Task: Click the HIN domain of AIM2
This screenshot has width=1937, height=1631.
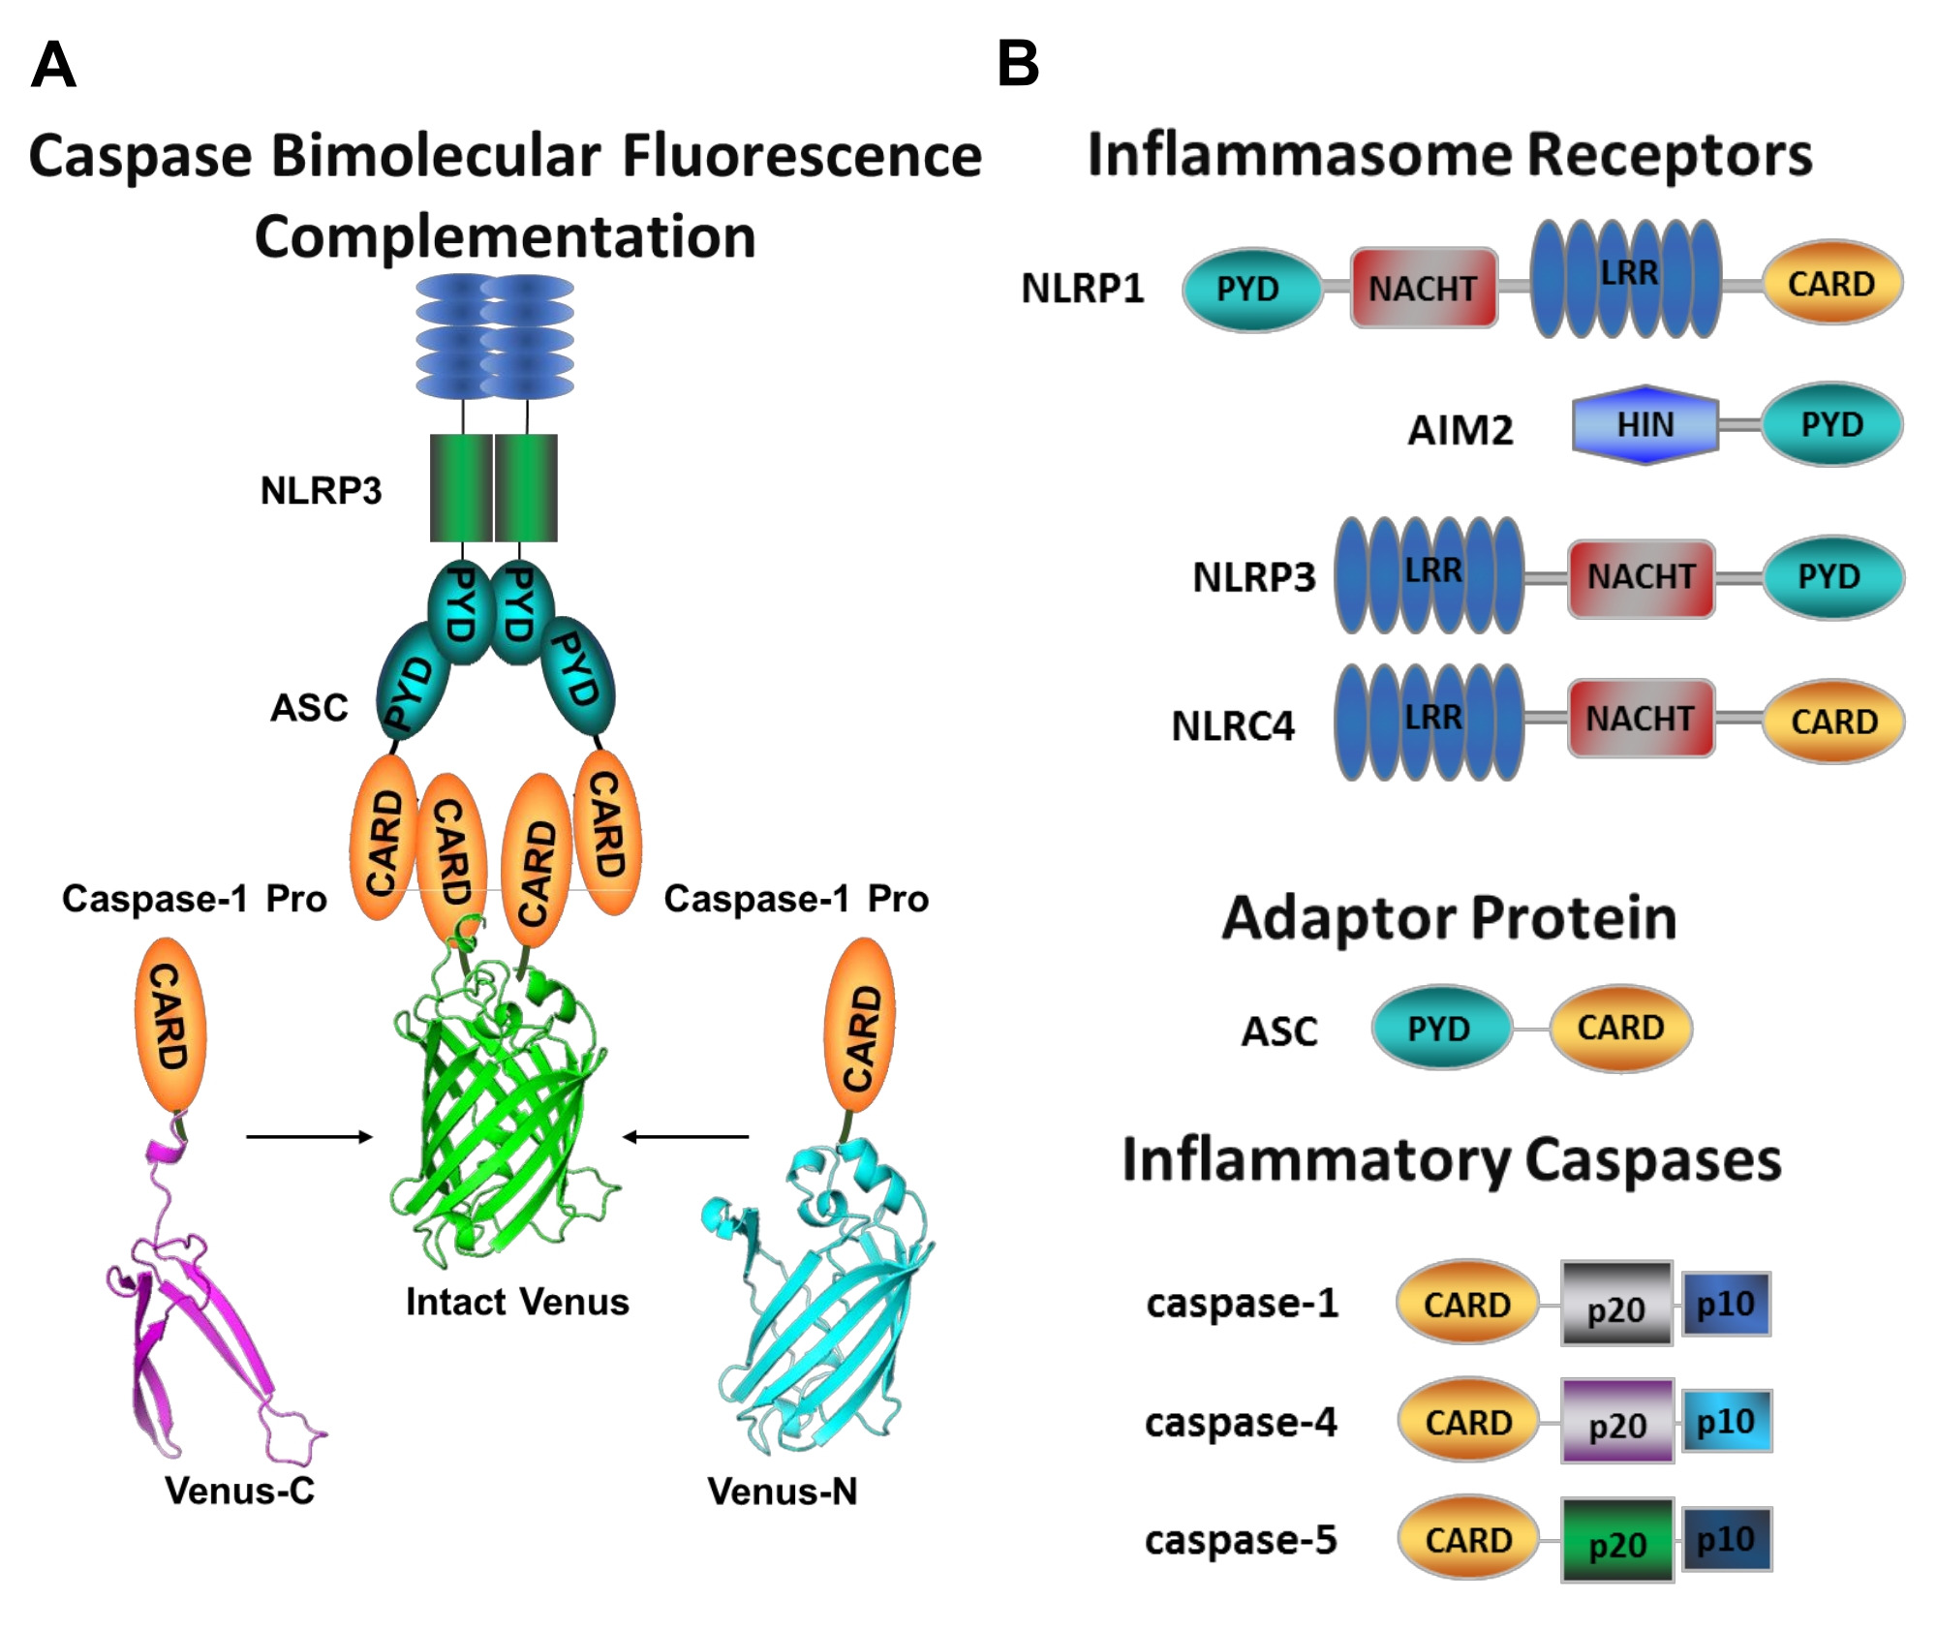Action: point(1645,424)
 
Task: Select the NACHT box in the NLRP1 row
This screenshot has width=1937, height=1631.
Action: point(1423,288)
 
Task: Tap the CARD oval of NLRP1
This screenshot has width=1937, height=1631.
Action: point(1831,283)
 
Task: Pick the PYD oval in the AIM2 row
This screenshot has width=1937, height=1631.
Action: point(1831,424)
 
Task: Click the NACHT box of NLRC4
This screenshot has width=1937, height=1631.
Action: point(1640,719)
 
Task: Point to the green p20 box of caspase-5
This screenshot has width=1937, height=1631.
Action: point(1617,1541)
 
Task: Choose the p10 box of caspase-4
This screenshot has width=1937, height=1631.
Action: point(1726,1421)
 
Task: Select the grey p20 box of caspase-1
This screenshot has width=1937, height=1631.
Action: point(1616,1305)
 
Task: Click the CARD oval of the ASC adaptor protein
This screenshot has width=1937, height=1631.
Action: point(1620,1028)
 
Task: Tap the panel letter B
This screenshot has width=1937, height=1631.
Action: point(1018,64)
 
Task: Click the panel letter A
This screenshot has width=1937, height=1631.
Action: point(53,65)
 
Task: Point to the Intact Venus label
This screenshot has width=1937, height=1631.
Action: point(517,1302)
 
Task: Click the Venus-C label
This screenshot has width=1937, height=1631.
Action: point(239,1491)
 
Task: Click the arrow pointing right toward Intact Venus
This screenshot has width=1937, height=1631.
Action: point(309,1136)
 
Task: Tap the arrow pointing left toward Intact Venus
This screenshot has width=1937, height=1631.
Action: point(686,1136)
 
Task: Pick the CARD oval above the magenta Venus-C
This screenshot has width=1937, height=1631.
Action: point(169,1025)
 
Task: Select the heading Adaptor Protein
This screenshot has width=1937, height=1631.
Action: point(1449,918)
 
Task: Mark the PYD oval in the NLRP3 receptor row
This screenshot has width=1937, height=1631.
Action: point(1829,577)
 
